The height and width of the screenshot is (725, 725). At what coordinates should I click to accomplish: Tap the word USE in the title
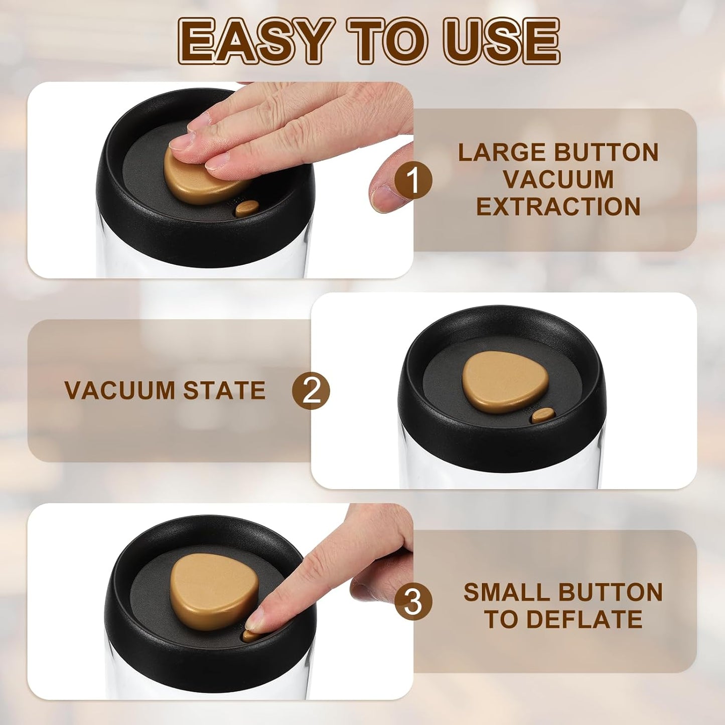pyautogui.click(x=502, y=41)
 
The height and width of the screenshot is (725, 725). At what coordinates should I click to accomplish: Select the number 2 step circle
pyautogui.click(x=311, y=390)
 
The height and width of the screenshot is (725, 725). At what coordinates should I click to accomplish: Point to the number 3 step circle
pyautogui.click(x=413, y=601)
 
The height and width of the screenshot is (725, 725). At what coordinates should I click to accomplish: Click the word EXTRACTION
pyautogui.click(x=558, y=207)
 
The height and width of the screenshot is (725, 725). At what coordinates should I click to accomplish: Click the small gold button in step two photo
pyautogui.click(x=543, y=414)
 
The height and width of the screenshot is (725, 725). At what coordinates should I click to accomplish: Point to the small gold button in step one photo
pyautogui.click(x=247, y=208)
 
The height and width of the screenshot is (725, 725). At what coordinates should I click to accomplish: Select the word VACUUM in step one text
pyautogui.click(x=558, y=180)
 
